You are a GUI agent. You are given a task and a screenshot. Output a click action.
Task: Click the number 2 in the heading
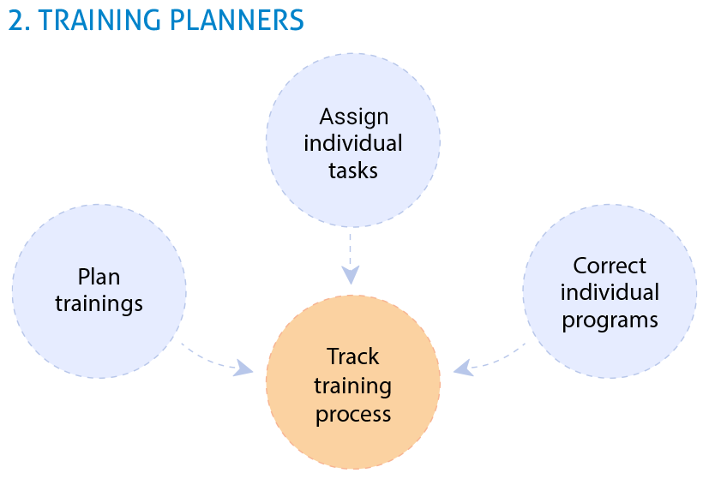click(x=17, y=21)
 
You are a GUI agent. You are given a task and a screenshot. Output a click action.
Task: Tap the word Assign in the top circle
click(x=354, y=118)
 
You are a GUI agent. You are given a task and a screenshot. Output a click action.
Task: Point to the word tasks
click(x=353, y=171)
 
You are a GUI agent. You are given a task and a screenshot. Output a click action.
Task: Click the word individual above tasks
click(x=353, y=143)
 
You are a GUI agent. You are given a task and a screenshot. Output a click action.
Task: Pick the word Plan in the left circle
click(x=99, y=277)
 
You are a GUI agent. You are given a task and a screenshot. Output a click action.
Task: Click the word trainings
click(x=99, y=304)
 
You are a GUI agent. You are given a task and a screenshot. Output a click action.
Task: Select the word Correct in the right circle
click(x=610, y=266)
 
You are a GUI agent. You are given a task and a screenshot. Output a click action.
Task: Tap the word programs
click(x=610, y=320)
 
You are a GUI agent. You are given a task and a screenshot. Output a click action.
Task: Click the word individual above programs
click(x=610, y=292)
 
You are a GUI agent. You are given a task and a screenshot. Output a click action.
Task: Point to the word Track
click(x=353, y=356)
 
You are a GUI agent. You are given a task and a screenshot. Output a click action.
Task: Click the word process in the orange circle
click(x=353, y=415)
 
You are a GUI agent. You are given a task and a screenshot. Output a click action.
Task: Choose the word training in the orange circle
click(x=353, y=386)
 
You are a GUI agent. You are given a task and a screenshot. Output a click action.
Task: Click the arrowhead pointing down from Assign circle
click(x=351, y=275)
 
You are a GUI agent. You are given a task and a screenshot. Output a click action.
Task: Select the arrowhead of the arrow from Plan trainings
click(x=244, y=368)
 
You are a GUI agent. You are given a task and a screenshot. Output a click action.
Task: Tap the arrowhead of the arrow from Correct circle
click(x=463, y=368)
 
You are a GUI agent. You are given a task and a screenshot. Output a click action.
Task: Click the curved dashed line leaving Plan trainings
click(x=207, y=358)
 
